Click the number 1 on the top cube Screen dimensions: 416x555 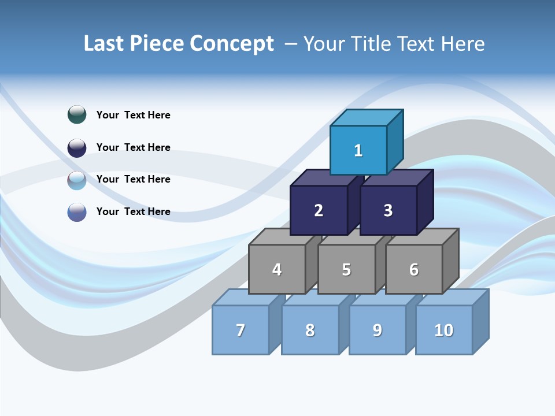click(358, 151)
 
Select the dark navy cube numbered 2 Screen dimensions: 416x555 click(319, 210)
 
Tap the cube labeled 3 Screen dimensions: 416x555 click(388, 210)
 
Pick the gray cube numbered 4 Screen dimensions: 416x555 click(277, 269)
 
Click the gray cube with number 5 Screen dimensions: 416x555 click(346, 269)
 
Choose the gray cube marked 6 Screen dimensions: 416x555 click(414, 269)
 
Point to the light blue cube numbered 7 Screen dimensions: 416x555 click(240, 330)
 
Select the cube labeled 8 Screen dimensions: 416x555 click(310, 330)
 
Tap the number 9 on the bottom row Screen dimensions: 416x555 click(377, 330)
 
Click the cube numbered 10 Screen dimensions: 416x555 click(443, 330)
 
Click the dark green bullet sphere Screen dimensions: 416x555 click(77, 114)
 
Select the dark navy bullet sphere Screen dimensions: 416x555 click(77, 147)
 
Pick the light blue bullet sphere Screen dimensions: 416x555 click(77, 180)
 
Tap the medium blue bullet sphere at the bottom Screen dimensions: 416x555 click(77, 212)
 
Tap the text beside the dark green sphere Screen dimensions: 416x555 click(134, 115)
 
